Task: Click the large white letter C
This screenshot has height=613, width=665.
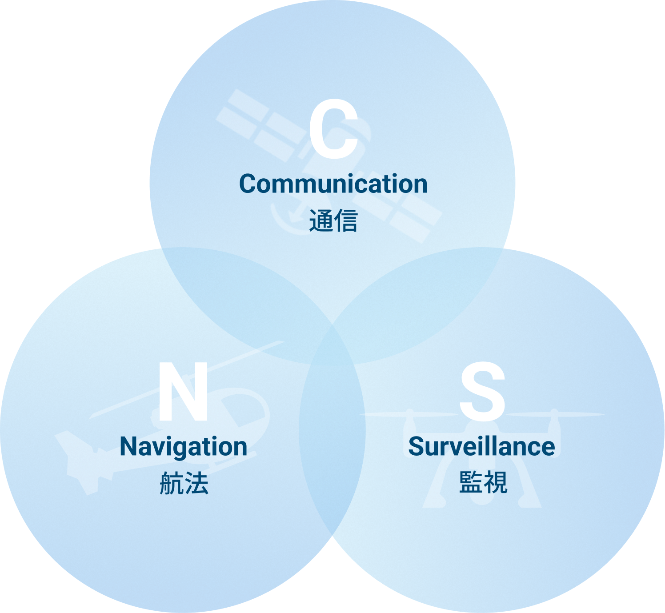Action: pos(334,128)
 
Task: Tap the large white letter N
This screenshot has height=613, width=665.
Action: pos(183,391)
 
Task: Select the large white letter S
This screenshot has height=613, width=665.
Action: pos(482,391)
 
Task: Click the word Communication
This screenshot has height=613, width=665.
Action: pos(333,184)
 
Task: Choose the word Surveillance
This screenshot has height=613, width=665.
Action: pos(481,446)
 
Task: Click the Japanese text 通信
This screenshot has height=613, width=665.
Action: pos(333,220)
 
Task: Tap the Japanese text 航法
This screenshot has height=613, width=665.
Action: pos(184,483)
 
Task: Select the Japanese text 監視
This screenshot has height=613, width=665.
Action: pos(483,482)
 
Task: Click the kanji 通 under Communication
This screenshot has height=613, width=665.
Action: pos(321,220)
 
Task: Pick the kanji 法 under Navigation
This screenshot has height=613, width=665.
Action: pos(196,483)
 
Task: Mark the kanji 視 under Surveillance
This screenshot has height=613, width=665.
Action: pos(496,482)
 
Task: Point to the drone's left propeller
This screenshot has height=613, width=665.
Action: pos(409,414)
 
